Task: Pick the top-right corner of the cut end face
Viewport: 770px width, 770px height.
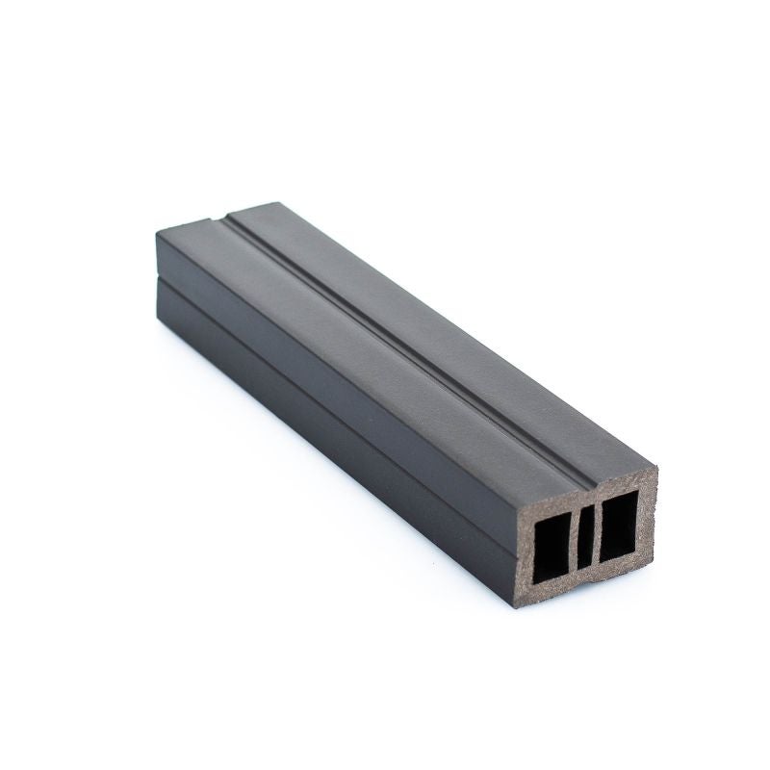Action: pos(657,468)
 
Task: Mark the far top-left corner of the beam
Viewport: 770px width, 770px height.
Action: pos(157,232)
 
